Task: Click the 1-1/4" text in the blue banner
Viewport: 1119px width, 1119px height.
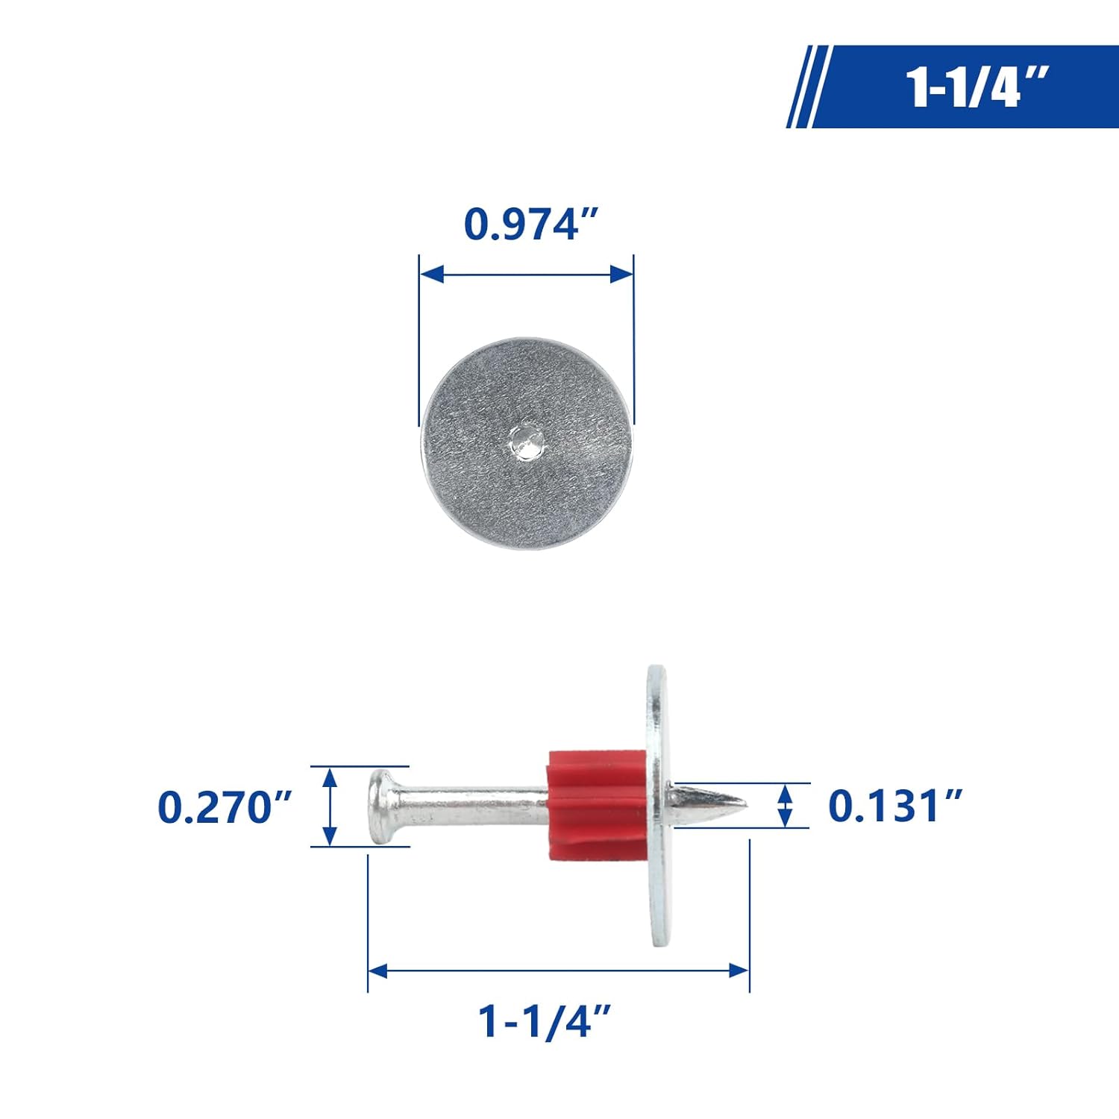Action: click(x=977, y=87)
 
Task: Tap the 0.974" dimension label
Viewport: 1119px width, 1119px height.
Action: click(x=531, y=224)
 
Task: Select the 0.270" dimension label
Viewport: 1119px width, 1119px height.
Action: click(x=225, y=807)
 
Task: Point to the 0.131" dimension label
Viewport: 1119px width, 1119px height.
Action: click(x=895, y=806)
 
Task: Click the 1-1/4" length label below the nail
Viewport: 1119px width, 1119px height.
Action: click(x=545, y=1021)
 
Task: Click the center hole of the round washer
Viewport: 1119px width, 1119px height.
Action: click(x=527, y=442)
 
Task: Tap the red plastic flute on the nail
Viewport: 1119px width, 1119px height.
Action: click(x=597, y=805)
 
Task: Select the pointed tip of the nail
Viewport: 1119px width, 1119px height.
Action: click(x=746, y=803)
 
